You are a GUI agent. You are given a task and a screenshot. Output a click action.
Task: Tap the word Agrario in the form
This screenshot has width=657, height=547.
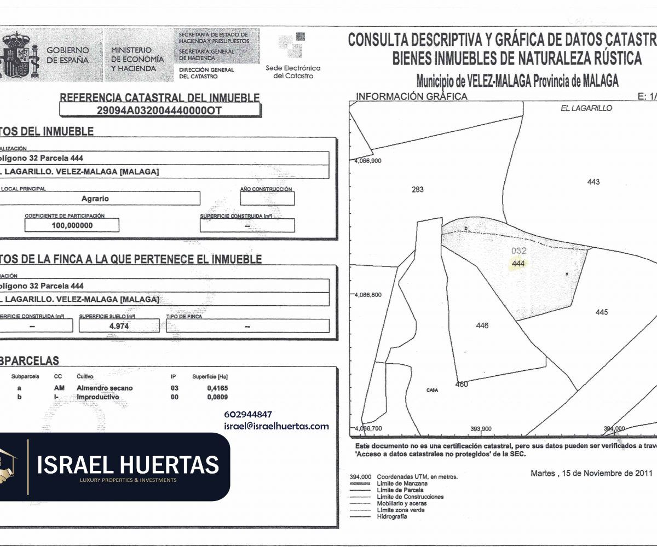point(95,199)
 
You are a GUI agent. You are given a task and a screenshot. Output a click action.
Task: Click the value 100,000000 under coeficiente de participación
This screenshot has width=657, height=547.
point(72,225)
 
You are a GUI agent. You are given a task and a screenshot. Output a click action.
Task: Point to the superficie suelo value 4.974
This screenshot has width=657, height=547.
point(119,326)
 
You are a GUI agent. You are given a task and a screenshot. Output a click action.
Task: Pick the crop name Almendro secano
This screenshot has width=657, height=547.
point(105,388)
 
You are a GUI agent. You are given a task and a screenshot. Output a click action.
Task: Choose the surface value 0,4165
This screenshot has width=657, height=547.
point(217,388)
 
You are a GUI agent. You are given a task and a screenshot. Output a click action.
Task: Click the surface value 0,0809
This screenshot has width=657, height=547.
point(217,397)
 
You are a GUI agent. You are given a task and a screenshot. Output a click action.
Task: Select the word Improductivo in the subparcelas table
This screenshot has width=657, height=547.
point(97,397)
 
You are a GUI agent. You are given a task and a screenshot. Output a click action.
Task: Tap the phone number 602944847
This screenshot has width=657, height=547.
point(248,415)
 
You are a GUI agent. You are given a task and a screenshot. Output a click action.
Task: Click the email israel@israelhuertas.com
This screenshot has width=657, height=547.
point(276,426)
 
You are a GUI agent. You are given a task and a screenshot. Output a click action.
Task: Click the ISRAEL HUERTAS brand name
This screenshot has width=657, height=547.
point(128,465)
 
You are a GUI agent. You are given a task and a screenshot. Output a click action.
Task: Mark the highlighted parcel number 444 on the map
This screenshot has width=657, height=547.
point(518,264)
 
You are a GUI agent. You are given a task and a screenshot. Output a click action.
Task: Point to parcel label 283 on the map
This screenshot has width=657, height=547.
point(417,190)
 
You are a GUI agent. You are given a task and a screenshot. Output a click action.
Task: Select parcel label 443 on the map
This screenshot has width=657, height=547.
point(593,182)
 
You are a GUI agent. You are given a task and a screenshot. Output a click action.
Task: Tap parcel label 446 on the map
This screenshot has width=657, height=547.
point(482,326)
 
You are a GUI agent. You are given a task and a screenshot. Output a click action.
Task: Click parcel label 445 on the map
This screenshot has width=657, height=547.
point(601,312)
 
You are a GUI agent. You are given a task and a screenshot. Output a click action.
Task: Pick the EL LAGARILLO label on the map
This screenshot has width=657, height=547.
point(586,108)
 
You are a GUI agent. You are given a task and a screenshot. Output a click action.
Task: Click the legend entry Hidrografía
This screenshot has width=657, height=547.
point(391,516)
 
